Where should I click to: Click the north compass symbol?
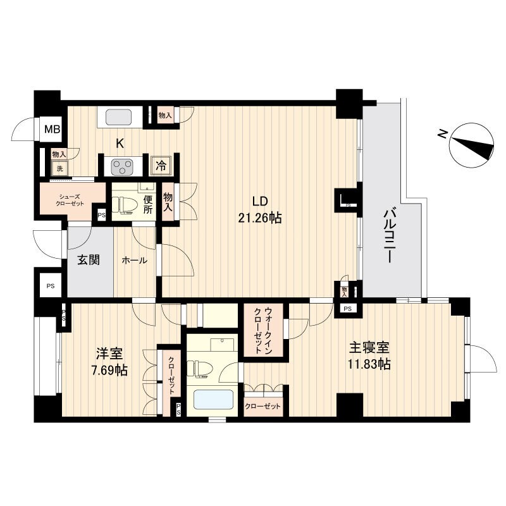[471, 144]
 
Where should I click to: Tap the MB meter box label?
[52, 130]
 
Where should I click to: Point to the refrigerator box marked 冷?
[161, 166]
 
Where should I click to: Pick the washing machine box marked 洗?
[60, 168]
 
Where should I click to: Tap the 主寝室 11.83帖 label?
[370, 356]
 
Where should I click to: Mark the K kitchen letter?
[120, 143]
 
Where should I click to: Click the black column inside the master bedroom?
[349, 405]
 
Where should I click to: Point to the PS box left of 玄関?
[50, 286]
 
